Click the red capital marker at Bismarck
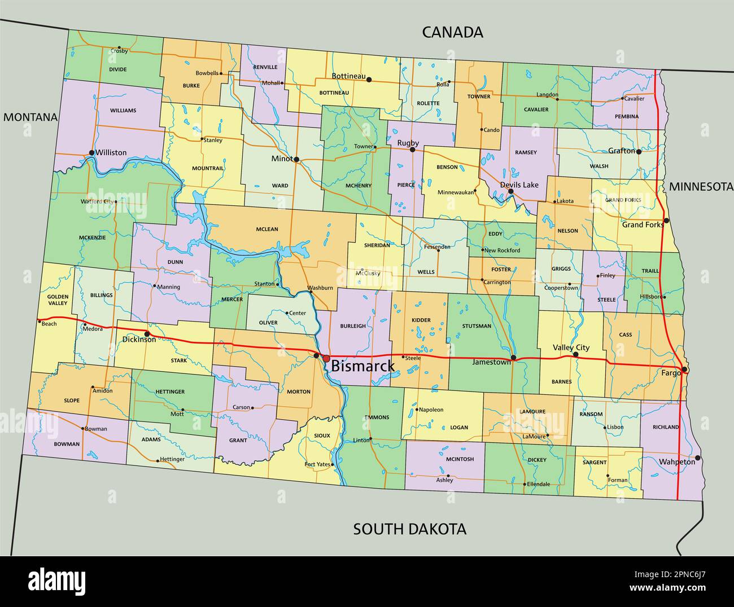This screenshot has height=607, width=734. pos(326,358)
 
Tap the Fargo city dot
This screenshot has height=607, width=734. pos(684,370)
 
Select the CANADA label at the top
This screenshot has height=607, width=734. pos(452,32)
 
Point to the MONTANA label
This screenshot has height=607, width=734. pos(30,117)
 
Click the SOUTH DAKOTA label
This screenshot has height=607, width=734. pos(409,529)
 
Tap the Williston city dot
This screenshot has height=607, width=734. pos(91,153)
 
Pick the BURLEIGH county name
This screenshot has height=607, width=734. pos(353,326)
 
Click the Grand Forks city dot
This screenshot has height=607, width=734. pos(666,221)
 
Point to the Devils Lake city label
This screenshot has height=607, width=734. pos(519,184)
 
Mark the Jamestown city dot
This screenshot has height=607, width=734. pos(513,358)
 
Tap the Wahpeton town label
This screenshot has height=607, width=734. pos(676,461)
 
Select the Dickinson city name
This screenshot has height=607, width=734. pos(139,340)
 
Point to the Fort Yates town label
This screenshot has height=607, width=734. pos(317,464)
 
